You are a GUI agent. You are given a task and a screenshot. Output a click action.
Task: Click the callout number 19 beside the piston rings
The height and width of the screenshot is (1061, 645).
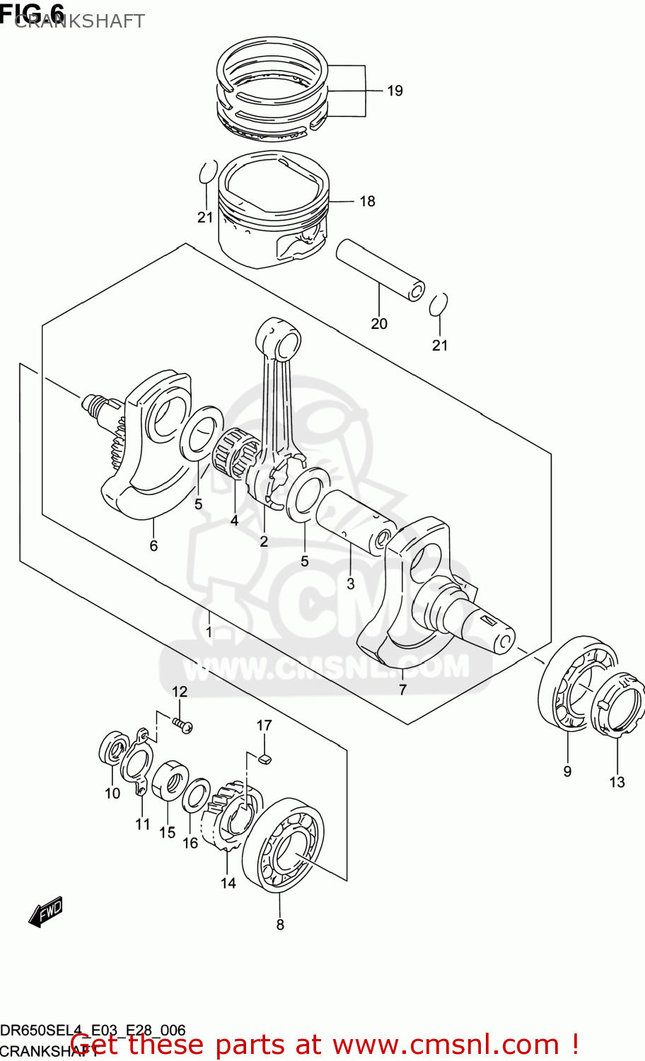[x=395, y=91]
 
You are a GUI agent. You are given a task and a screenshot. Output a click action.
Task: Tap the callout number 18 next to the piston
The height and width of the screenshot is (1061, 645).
[x=367, y=202]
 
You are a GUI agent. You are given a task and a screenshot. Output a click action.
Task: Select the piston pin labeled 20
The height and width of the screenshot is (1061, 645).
[x=380, y=270]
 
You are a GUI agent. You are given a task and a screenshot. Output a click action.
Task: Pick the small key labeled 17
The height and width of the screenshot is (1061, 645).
[x=265, y=760]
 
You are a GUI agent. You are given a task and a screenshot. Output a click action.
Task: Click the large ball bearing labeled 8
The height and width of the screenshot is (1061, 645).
[x=283, y=845]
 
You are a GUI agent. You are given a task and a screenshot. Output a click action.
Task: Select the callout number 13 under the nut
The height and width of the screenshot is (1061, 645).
[x=617, y=782]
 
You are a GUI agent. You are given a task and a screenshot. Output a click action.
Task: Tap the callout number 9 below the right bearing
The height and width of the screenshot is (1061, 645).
[x=567, y=772]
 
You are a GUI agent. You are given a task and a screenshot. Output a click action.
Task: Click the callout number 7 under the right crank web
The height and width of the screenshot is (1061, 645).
[x=402, y=690]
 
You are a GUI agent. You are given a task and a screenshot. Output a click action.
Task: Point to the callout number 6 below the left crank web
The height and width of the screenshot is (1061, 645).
[x=153, y=545]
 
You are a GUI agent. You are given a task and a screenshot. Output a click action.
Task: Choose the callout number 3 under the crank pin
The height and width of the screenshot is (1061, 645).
[x=350, y=584]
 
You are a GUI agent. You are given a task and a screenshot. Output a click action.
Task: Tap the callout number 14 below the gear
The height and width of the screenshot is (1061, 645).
[x=228, y=883]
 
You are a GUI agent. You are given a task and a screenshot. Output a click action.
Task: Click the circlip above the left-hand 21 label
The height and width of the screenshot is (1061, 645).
[x=207, y=172]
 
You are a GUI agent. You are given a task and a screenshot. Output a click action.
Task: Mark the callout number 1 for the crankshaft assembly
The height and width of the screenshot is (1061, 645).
[x=209, y=631]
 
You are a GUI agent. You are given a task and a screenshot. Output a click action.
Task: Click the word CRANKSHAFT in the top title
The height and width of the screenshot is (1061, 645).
[x=79, y=21]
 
